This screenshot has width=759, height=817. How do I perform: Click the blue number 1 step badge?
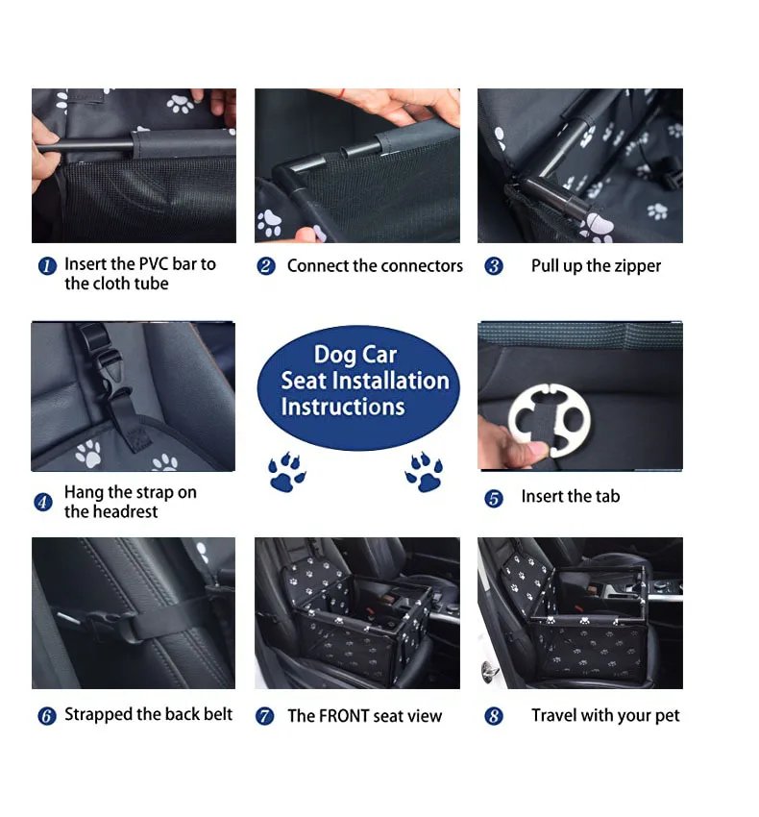pos(47,266)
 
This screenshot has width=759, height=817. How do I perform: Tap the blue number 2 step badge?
pos(266,266)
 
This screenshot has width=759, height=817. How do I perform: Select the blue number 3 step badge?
pos(494,266)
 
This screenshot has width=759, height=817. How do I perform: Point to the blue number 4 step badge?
pos(43,502)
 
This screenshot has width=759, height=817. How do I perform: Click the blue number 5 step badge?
pos(494,498)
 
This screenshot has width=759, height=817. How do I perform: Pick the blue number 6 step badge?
pos(46,716)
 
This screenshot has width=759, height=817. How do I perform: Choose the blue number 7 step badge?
pos(265,716)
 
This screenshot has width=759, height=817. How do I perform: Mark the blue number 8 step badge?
pos(494,716)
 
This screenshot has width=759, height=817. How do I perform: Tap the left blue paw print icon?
pos(286,474)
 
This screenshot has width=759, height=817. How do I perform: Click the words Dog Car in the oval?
pos(355,354)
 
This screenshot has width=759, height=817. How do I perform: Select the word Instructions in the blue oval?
pos(342,407)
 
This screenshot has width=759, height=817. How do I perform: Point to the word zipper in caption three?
pos(634,266)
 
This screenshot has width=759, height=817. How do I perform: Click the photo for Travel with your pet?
pos(579,612)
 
